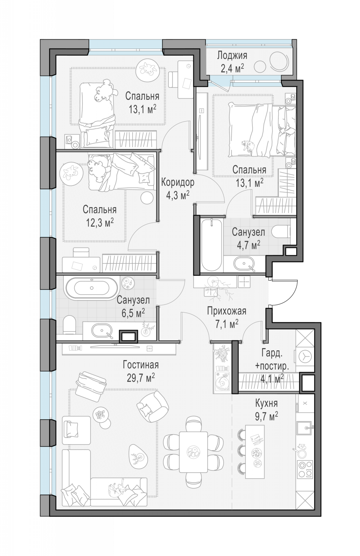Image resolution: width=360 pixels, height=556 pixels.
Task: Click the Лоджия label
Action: (x=232, y=55)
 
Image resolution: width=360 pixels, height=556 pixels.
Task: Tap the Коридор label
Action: (x=178, y=183)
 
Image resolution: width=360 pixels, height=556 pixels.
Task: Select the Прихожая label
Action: (x=227, y=311)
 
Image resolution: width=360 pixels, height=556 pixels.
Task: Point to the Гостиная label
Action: (x=141, y=365)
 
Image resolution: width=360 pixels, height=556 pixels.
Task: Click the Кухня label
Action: (x=267, y=403)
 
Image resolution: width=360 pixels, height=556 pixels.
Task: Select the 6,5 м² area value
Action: (x=133, y=313)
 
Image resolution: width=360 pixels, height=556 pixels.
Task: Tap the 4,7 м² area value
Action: (x=248, y=245)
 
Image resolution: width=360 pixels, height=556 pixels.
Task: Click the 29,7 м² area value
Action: (x=141, y=378)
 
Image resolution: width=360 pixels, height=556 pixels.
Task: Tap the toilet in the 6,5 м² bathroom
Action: (x=70, y=325)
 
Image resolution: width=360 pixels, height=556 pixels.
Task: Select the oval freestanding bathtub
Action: (x=91, y=288)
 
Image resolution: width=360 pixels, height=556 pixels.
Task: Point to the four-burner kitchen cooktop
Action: (x=305, y=470)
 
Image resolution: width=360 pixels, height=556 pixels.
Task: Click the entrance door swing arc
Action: (x=292, y=298)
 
